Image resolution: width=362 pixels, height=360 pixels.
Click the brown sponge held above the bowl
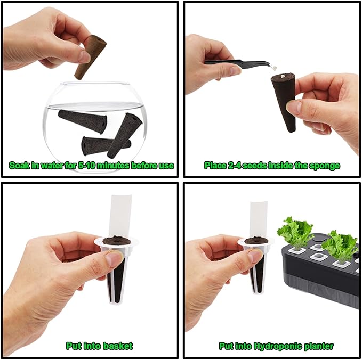point(91,57)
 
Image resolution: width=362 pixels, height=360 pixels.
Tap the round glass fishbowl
point(95,127)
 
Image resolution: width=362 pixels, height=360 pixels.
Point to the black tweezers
point(239,63)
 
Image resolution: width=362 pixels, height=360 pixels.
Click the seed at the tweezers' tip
point(274,68)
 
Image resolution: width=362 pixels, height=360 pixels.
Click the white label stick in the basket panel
point(122,215)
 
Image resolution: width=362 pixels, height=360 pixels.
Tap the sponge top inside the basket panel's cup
point(116,241)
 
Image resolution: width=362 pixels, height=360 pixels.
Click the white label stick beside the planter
point(259,219)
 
